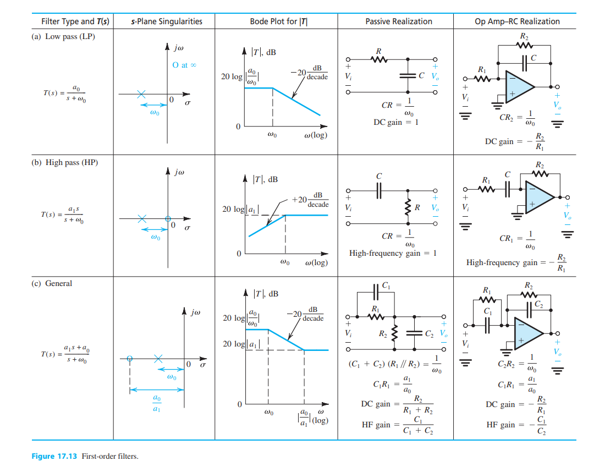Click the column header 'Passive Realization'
[x=399, y=21]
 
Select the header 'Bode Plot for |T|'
[x=279, y=21]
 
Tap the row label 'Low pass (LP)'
[x=70, y=36]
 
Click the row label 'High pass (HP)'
[x=71, y=162]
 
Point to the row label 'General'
[x=59, y=283]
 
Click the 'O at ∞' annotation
[x=184, y=65]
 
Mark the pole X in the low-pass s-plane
[x=141, y=94]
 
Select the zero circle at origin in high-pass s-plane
[x=168, y=218]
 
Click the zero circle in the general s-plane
[x=130, y=358]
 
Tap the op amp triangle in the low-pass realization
[x=519, y=87]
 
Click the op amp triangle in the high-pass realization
[x=538, y=197]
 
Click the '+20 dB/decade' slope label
[x=310, y=200]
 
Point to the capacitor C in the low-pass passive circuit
[x=408, y=75]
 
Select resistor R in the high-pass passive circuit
[x=408, y=207]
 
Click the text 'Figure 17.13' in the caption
[x=54, y=456]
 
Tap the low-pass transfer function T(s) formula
[x=65, y=93]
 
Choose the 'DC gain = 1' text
[x=396, y=122]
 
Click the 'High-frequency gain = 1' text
[x=393, y=253]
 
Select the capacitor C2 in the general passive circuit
[x=415, y=333]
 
